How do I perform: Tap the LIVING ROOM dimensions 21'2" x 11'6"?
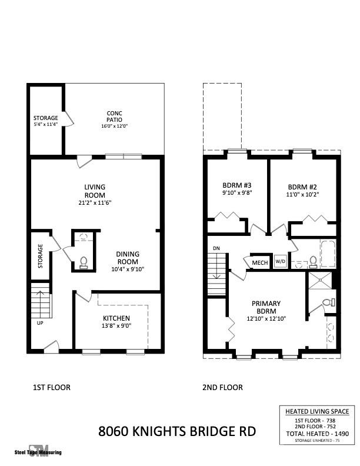click(94, 202)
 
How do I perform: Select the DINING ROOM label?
click(127, 258)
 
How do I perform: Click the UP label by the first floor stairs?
click(39, 323)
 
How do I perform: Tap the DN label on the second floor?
click(216, 248)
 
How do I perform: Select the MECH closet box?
click(259, 262)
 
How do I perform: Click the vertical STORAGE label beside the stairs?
click(41, 256)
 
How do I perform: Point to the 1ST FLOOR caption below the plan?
click(51, 387)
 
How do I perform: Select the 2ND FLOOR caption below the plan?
click(223, 387)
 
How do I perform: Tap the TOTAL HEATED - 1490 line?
click(316, 433)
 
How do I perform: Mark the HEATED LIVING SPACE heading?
click(316, 411)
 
